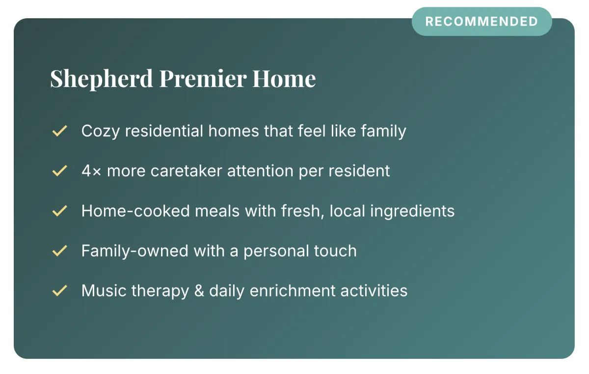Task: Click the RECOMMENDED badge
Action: (x=482, y=21)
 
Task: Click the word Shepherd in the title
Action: (x=102, y=79)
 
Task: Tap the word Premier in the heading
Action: (x=203, y=78)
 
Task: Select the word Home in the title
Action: (x=284, y=78)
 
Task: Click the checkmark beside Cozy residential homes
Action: (x=60, y=131)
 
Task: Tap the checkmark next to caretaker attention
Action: (x=60, y=171)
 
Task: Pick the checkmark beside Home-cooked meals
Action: (x=60, y=211)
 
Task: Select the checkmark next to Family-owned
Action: (x=60, y=251)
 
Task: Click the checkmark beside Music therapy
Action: (x=60, y=290)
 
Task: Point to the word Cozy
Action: (x=101, y=131)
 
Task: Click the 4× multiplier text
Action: (x=91, y=171)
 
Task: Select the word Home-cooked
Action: (x=135, y=211)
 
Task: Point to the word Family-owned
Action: (x=134, y=251)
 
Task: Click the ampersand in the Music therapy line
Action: (x=199, y=291)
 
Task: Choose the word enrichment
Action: (x=293, y=290)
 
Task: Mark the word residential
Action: (x=164, y=131)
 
